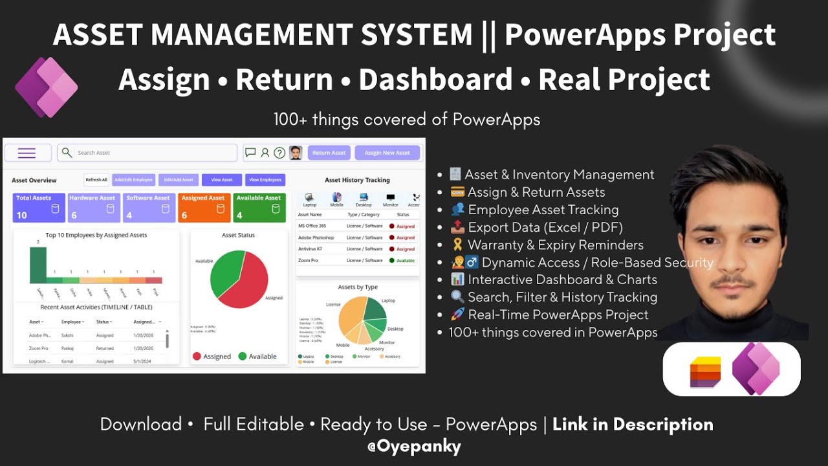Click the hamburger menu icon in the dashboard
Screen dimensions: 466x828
point(27,153)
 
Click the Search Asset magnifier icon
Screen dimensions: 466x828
point(67,153)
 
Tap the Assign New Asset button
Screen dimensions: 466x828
point(387,153)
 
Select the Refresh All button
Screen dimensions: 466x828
point(96,180)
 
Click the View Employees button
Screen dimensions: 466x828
point(265,180)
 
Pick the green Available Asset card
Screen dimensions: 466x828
point(259,208)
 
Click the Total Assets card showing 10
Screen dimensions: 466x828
point(39,208)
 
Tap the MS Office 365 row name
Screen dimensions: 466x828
point(312,226)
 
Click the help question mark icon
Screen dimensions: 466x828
point(279,153)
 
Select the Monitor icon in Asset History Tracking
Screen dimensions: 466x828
point(390,198)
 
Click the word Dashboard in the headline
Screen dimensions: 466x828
point(435,80)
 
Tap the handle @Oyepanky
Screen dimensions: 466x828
point(413,445)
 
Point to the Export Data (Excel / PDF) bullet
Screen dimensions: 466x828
point(545,227)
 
